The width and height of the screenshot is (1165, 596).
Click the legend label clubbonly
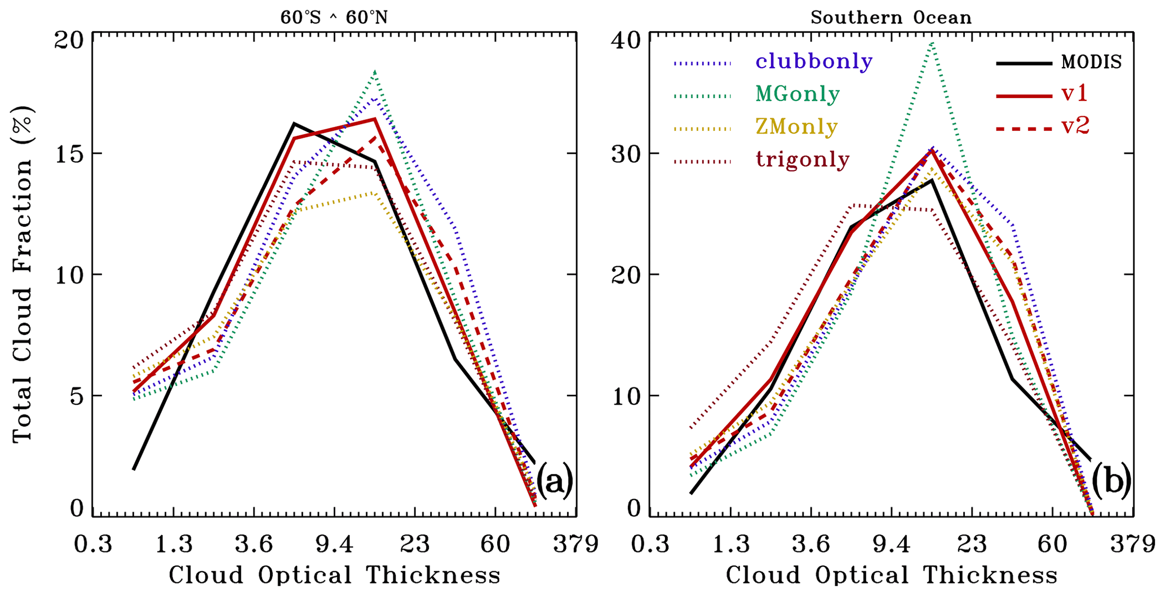pos(813,61)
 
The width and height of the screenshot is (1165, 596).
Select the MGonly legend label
pos(798,94)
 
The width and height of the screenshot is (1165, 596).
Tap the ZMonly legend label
pos(796,127)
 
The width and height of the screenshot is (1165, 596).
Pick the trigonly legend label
pos(803,160)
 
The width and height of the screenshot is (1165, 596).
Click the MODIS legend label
pos(1091,62)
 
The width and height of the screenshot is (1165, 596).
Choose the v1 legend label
pos(1074,94)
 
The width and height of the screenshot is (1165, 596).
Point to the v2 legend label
pos(1075,127)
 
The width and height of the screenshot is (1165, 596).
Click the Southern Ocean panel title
pos(891,17)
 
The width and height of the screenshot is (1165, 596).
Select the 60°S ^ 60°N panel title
pos(334,17)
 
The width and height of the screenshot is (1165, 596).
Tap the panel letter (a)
pos(554,481)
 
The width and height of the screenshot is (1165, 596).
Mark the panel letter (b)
pos(1111,481)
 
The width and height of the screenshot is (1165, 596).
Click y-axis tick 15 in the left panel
pos(68,153)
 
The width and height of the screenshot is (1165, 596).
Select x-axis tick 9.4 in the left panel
pos(334,545)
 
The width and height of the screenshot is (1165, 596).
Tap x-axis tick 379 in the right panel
pos(1133,545)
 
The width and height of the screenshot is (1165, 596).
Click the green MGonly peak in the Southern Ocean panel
pos(933,42)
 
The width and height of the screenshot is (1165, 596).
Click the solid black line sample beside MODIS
pos(1024,63)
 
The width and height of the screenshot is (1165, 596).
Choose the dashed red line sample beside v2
pos(1024,129)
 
